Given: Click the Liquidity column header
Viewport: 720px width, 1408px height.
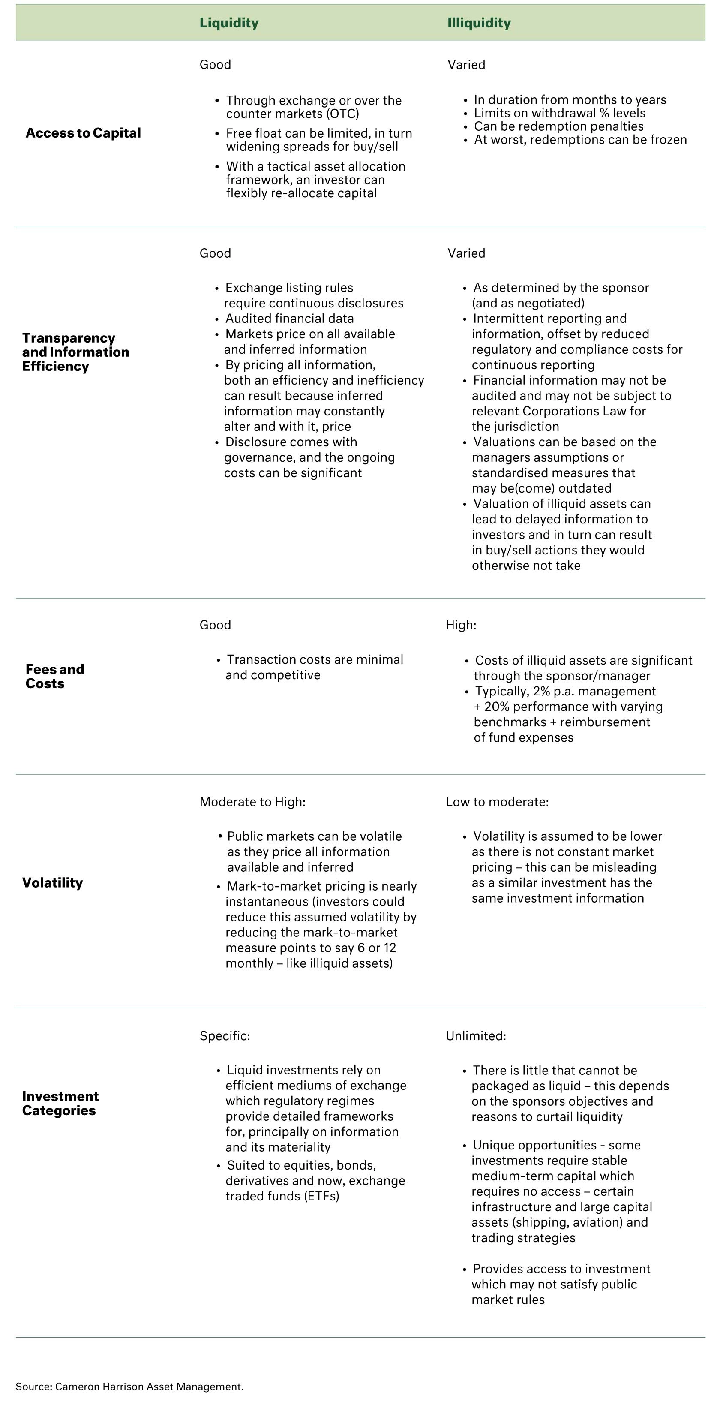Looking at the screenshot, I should [x=228, y=23].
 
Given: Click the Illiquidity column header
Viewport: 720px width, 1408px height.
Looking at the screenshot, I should [x=479, y=23].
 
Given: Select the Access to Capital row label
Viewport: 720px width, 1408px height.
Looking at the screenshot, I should [x=83, y=133].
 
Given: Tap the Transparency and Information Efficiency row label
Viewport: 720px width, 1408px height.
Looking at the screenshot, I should [x=75, y=352].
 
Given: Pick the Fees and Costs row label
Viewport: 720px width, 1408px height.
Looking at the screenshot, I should [x=54, y=676].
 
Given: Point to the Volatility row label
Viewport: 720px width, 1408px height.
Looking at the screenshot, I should [x=52, y=883].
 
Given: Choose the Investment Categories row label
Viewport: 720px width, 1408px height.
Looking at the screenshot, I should [x=60, y=1103].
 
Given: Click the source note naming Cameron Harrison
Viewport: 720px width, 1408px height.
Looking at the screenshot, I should [x=129, y=1386].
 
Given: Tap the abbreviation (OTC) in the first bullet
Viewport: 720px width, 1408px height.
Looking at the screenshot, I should [x=342, y=114].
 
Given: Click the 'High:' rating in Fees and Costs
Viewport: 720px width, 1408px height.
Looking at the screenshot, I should [x=461, y=625].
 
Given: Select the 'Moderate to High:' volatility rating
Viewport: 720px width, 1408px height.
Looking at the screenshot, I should [x=252, y=802].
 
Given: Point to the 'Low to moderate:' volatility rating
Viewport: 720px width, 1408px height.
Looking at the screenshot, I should [x=497, y=802].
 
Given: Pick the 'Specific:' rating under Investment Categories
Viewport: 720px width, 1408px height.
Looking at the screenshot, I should [x=225, y=1035].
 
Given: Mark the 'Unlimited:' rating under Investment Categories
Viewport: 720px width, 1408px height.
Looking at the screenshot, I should [x=476, y=1035].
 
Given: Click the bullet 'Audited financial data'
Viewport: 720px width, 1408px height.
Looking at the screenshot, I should [x=290, y=318].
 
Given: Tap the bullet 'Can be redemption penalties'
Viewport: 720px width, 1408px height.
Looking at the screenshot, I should [x=558, y=126].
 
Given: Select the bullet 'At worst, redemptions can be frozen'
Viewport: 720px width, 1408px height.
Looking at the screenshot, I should [x=580, y=139].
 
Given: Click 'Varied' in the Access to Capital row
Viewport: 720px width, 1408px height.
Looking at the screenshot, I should [x=466, y=64].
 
